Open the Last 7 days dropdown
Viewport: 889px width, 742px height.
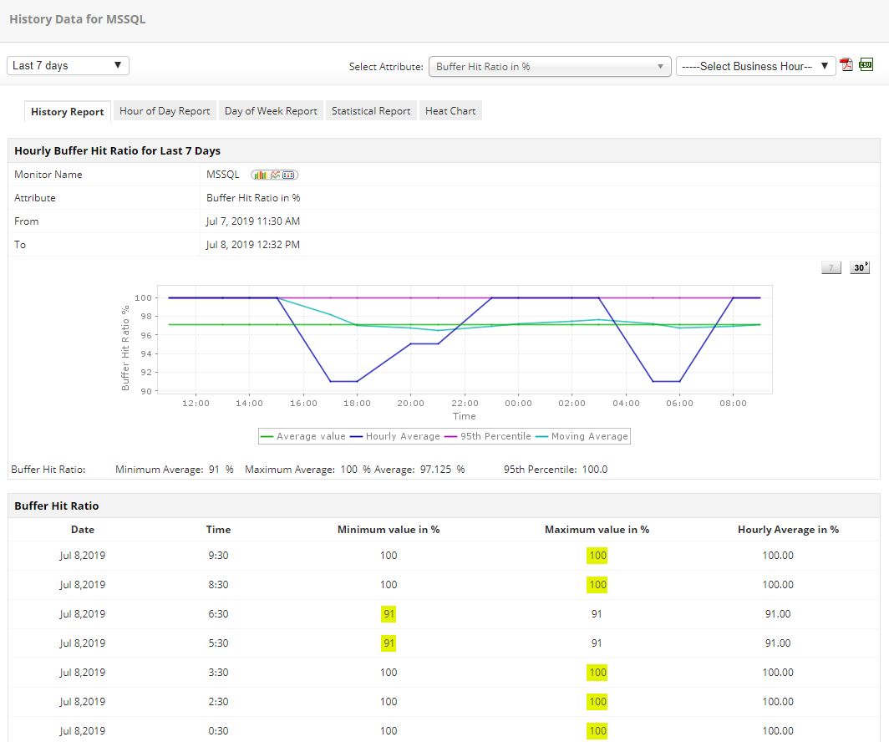tap(68, 65)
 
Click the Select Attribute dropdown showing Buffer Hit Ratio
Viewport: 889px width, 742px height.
tap(549, 66)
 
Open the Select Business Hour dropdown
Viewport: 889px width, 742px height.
tap(755, 66)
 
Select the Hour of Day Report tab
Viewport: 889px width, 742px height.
tap(165, 110)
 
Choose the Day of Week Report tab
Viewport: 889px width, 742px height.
tap(271, 110)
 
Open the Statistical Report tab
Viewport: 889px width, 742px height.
tap(371, 110)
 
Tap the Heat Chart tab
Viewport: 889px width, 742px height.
tap(450, 110)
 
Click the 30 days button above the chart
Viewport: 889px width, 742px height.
tap(859, 267)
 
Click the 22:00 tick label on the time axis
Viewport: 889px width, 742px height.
tap(465, 404)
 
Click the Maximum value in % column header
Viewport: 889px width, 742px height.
tap(597, 529)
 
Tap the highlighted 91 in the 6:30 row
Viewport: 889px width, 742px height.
tap(389, 613)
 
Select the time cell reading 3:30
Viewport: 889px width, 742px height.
tap(219, 672)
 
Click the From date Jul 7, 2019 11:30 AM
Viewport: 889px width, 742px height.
tap(253, 221)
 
